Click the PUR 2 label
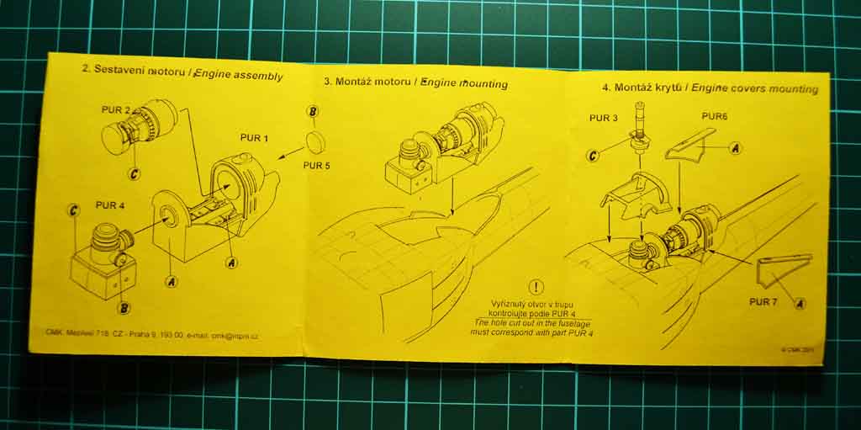[115, 109]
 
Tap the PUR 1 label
[255, 137]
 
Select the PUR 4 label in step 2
[110, 204]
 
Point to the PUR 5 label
[316, 165]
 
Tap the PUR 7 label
[763, 300]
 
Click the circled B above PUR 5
[312, 112]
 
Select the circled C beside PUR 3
[594, 155]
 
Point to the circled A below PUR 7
[799, 303]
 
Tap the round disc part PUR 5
[315, 141]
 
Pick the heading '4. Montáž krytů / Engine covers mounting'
[709, 88]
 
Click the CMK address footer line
[151, 335]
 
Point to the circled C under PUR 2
[134, 173]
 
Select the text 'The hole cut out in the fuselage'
[537, 322]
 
